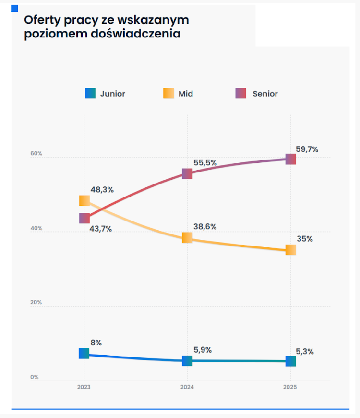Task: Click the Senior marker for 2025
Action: click(x=290, y=159)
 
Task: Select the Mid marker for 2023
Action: click(x=84, y=200)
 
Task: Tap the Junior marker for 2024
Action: click(x=187, y=360)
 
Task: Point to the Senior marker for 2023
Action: click(x=84, y=219)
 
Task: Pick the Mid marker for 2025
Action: click(x=290, y=250)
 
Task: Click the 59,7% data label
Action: click(x=307, y=149)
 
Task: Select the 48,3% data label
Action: click(x=102, y=190)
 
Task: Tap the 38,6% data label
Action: click(x=205, y=227)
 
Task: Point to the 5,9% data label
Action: click(x=203, y=350)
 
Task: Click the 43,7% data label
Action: click(x=100, y=229)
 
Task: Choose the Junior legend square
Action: click(x=90, y=94)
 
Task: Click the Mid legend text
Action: click(x=186, y=94)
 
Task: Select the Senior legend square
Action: click(x=240, y=94)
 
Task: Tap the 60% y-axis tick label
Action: click(x=37, y=154)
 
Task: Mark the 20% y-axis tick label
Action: click(x=37, y=303)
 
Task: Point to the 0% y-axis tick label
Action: click(x=35, y=377)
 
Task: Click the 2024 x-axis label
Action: click(x=187, y=387)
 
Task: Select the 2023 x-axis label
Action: click(x=84, y=387)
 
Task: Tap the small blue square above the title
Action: click(x=14, y=8)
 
